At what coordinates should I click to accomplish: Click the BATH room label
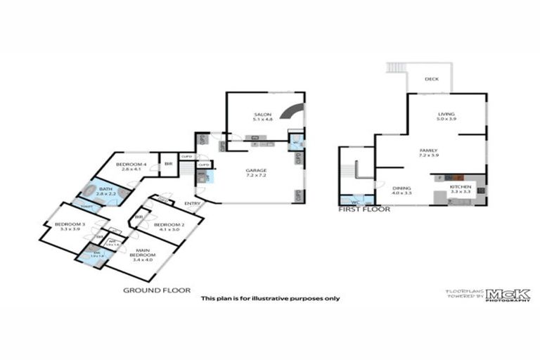(x=105, y=188)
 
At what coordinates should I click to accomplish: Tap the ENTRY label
(x=191, y=204)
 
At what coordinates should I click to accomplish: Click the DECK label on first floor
(x=432, y=79)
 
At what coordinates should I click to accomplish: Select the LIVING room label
(x=445, y=114)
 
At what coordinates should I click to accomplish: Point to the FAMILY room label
(x=428, y=150)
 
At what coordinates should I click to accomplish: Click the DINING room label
(x=402, y=188)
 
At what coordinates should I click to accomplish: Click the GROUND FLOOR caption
(x=157, y=290)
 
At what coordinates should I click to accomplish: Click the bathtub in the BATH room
(x=91, y=191)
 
